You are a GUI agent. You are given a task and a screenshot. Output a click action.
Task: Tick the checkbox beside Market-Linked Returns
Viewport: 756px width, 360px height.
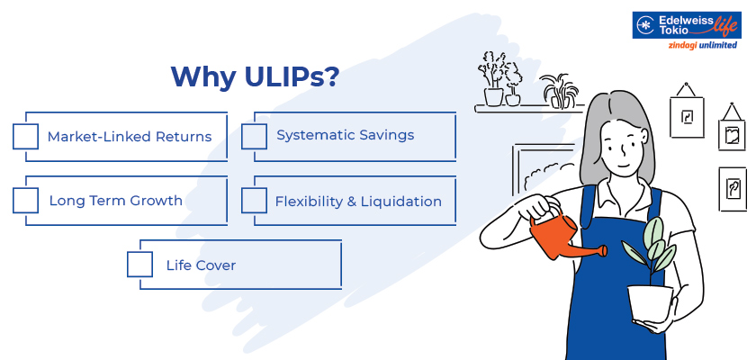pos(26,137)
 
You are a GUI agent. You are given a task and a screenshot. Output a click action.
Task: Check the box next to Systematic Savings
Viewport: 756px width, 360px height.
pos(255,136)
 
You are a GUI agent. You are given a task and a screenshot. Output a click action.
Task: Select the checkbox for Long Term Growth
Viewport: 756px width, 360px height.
pos(26,201)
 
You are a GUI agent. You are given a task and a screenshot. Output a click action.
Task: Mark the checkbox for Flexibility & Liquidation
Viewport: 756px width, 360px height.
pos(255,201)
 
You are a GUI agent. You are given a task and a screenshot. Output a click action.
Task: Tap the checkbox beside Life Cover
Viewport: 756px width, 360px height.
pos(140,265)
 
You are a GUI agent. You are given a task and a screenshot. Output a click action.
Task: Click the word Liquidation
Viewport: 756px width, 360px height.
pos(400,202)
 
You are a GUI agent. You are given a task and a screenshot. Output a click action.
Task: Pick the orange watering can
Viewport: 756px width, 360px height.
pos(551,236)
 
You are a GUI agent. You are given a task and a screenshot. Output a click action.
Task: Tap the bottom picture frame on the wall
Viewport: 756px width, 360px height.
pos(733,189)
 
